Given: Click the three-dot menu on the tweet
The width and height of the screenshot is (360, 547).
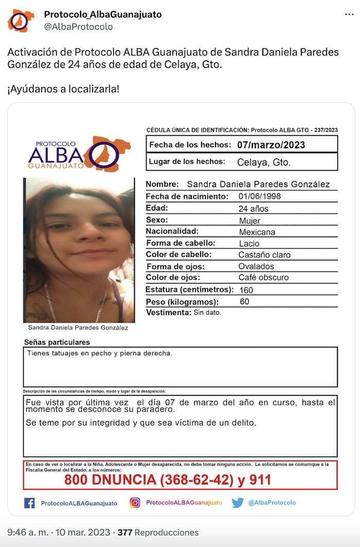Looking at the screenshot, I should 349,14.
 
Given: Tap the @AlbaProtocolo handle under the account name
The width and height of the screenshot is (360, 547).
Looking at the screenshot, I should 78,27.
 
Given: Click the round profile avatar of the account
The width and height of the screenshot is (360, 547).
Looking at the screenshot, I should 21,21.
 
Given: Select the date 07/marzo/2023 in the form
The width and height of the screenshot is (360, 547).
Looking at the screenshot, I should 271,145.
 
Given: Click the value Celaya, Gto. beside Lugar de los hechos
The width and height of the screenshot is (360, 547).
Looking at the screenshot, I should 264,163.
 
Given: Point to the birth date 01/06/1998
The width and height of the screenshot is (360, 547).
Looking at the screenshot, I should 260,197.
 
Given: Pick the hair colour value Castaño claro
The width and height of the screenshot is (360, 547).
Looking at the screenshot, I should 264,255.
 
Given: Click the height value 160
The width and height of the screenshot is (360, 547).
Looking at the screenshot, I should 246,290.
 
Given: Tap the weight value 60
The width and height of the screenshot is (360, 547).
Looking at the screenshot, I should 245,302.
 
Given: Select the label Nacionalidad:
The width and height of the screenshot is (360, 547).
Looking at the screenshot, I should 172,232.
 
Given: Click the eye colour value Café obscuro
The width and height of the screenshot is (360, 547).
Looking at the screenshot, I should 263,278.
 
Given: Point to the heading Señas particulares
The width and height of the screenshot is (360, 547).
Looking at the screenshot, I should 57,342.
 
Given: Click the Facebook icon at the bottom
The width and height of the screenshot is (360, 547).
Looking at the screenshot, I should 30,503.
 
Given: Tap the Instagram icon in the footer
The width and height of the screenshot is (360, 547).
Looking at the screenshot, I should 135,503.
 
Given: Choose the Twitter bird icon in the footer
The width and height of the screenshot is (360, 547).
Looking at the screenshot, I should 238,503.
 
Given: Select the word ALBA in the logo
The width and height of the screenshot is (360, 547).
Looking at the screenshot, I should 56,154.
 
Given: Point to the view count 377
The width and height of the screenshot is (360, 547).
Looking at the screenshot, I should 125,533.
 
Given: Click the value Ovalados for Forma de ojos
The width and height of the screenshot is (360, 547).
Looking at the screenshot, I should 256,267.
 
